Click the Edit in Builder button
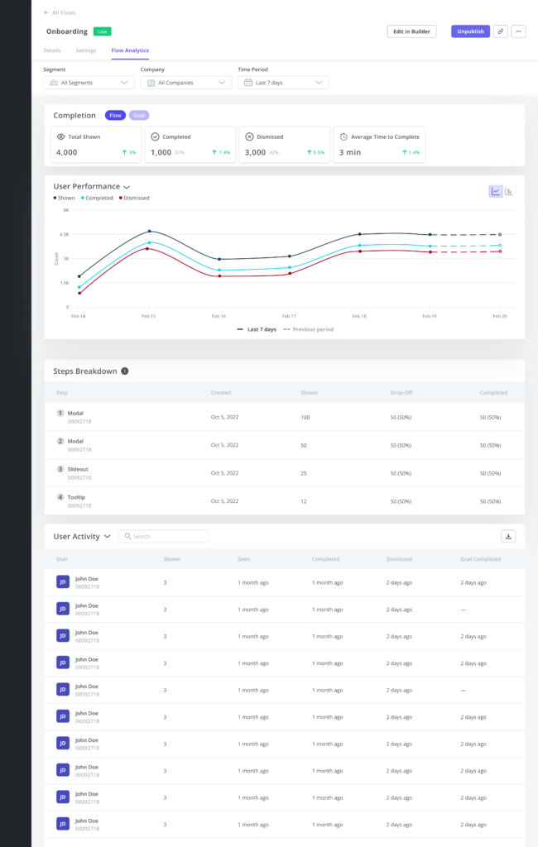tap(411, 31)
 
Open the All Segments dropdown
tap(89, 83)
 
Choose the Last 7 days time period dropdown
tap(283, 83)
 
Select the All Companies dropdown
tap(185, 83)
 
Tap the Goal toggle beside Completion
tap(139, 116)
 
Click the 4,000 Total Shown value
tap(67, 152)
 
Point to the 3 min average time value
tap(349, 152)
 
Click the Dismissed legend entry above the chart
tap(135, 198)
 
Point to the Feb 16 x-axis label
tap(219, 316)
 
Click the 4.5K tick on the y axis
tap(65, 234)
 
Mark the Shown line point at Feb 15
tap(149, 232)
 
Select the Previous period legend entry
tap(309, 329)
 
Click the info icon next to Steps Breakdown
tap(125, 371)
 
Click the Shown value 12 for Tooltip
tap(305, 502)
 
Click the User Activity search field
tap(164, 536)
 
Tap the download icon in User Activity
tap(509, 536)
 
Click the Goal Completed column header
tap(480, 559)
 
